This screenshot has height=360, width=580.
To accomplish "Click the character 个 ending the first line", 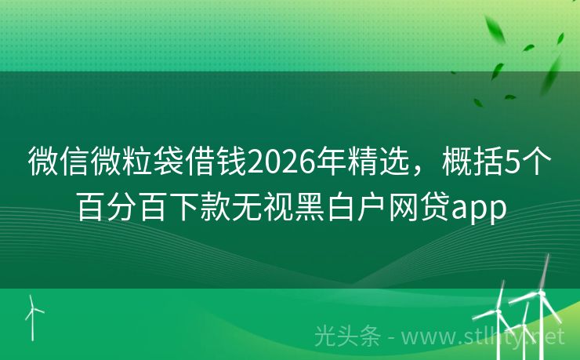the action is click(536, 162).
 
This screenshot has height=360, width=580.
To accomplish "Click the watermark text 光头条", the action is click(348, 337).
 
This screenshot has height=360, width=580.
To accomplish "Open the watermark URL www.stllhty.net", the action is click(483, 337).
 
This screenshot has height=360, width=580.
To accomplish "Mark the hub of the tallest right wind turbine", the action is click(541, 293).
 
